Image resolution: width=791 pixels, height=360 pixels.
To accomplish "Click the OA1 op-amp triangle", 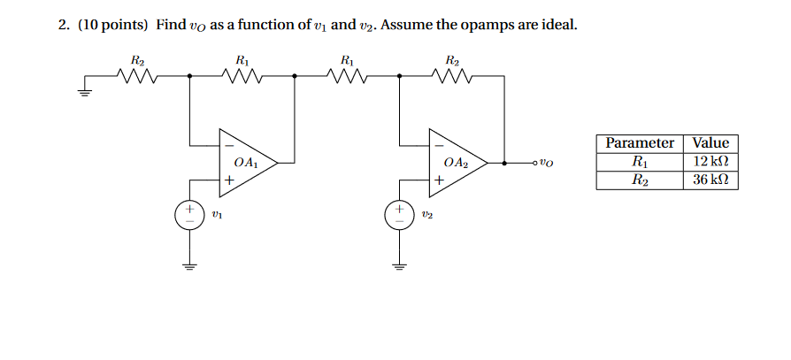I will click(x=247, y=163).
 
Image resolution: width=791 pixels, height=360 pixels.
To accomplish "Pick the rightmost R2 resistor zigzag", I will click(x=452, y=77).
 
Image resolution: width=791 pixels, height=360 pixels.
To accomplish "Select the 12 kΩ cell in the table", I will click(x=710, y=161).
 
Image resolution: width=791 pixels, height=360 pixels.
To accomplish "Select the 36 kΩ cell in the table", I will click(x=710, y=180).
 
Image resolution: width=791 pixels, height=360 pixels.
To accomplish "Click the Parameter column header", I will click(x=640, y=143).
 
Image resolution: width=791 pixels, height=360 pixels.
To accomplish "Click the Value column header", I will click(x=710, y=143).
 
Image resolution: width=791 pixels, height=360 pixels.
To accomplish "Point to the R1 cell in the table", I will click(x=640, y=161).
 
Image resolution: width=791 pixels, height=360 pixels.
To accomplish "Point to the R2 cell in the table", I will click(x=640, y=180).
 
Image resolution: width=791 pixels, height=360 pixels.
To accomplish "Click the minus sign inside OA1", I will click(x=229, y=144).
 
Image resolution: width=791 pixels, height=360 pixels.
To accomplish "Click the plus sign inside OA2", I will click(x=439, y=180).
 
